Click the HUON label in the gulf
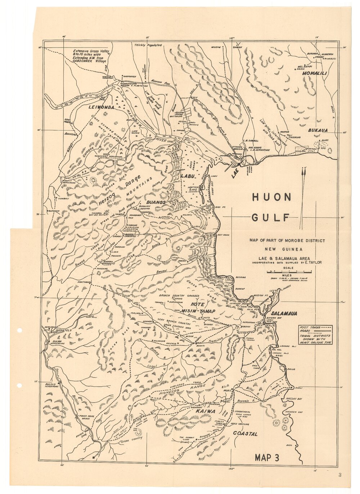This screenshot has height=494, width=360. [271, 197]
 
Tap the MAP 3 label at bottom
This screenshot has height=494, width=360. [267, 458]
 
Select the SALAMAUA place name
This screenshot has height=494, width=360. [284, 314]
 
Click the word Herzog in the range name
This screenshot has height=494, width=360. [107, 200]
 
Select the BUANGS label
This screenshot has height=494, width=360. [156, 203]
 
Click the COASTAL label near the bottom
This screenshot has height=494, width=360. [246, 434]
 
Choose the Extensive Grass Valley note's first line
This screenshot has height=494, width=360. [91, 51]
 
